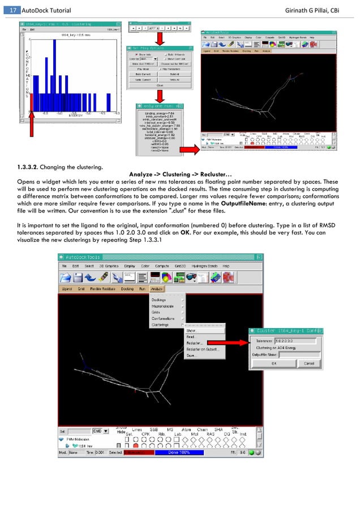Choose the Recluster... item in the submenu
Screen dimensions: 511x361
(x=195, y=343)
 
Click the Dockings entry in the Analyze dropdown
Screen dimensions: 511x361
(x=160, y=299)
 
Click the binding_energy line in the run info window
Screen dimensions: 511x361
(x=161, y=113)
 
